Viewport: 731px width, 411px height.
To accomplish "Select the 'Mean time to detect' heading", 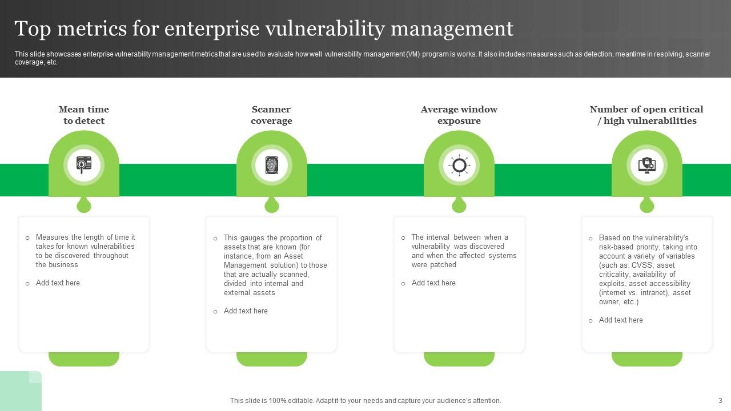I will pos(84,115).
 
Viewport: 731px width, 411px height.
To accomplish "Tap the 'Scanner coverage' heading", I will pos(271,115).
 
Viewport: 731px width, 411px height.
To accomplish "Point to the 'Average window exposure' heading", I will pos(459,115).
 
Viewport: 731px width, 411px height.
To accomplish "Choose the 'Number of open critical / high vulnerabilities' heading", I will pos(646,115).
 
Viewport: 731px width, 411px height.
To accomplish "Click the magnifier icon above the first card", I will pos(84,166).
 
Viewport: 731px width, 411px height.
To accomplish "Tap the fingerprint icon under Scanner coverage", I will pos(272,166).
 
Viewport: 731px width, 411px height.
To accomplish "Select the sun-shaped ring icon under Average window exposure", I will pos(459,166).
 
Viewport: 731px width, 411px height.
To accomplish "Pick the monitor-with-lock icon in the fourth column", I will pos(646,166).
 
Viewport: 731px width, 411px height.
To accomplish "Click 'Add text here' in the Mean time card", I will pos(58,283).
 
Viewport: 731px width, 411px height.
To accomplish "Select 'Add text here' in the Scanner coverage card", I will pos(246,311).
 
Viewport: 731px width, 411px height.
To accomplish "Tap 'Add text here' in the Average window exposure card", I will pos(433,283).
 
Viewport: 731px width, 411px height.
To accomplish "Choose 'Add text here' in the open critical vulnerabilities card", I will pos(621,320).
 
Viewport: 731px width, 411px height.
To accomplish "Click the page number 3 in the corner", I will pos(720,401).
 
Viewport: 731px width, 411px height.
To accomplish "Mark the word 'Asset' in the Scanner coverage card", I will pos(294,256).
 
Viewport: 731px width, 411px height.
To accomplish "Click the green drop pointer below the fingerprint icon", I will pos(272,205).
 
